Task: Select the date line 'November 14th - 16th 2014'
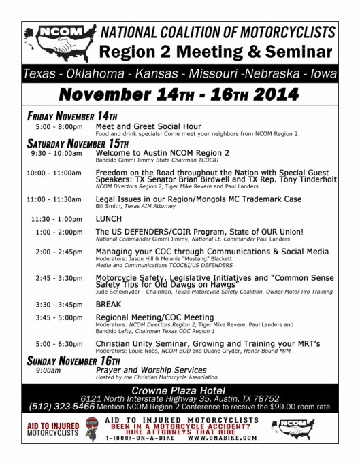coord(178,92)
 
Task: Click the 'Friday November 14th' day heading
coord(72,116)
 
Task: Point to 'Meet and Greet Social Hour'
coord(148,126)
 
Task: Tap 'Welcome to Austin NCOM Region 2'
coord(163,153)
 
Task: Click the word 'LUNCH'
coord(109,219)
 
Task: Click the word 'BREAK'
coord(109,304)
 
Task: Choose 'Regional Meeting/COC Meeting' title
coord(154,317)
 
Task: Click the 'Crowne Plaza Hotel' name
coord(180,389)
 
